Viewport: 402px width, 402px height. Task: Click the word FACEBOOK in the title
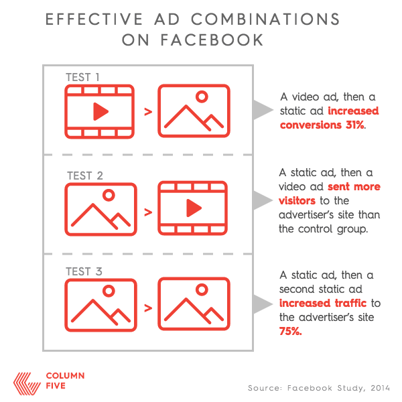coord(212,40)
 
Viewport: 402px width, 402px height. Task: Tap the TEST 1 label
coord(82,77)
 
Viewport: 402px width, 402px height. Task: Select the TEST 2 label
coord(85,176)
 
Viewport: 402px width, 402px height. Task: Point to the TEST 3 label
coord(84,271)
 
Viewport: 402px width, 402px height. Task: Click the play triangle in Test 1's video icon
coord(100,111)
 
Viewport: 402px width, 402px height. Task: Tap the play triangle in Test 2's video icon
coord(194,208)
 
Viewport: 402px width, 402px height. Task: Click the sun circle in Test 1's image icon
coord(202,96)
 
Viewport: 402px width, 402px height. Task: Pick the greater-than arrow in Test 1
coord(148,112)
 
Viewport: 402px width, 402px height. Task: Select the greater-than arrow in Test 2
coord(148,212)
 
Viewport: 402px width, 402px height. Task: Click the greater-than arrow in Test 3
coord(148,308)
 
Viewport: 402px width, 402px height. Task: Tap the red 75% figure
coord(291,331)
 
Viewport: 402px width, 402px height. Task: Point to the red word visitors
coord(297,200)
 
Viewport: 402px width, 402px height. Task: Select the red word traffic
coord(350,303)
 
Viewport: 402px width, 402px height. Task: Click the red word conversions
coord(311,125)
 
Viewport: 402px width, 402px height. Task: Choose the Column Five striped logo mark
coord(27,384)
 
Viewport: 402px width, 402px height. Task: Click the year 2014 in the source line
coord(380,388)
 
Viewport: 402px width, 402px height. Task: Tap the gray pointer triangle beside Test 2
coord(262,200)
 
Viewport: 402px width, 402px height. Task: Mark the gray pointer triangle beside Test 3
coord(262,304)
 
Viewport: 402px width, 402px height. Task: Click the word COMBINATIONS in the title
coord(265,19)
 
